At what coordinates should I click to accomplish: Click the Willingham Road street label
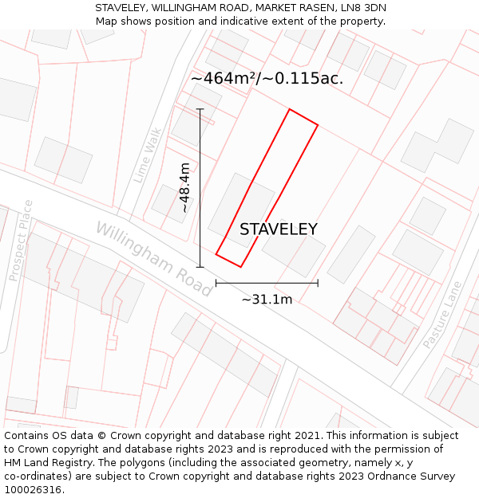[153, 259]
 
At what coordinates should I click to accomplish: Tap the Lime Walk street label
[148, 155]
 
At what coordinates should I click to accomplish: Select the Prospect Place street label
[21, 240]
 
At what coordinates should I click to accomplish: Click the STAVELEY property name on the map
[279, 229]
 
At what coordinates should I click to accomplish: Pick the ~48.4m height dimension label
[184, 188]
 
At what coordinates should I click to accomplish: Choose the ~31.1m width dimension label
[267, 300]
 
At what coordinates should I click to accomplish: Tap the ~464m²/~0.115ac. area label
[267, 78]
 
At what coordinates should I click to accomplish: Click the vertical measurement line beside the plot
[200, 188]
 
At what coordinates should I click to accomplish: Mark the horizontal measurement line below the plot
[267, 282]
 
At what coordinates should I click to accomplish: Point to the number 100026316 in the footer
[34, 489]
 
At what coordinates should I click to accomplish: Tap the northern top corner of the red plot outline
[290, 110]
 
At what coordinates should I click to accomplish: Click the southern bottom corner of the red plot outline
[240, 267]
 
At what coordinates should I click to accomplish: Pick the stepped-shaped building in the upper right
[437, 146]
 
